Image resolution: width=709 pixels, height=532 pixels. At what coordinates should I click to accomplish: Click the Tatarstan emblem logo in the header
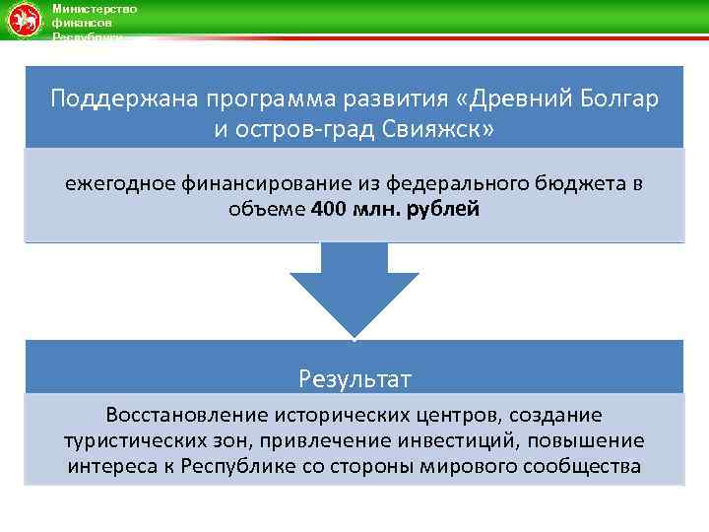click(23, 20)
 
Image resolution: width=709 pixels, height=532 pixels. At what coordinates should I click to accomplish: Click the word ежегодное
click(119, 183)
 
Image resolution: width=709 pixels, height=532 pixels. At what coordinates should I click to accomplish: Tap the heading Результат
click(354, 378)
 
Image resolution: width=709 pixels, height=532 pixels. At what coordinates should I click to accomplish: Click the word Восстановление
click(185, 416)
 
